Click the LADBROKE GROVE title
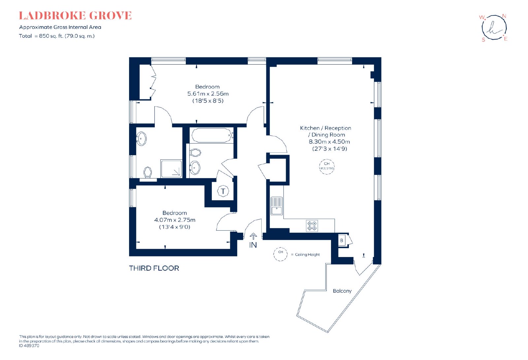point(75,16)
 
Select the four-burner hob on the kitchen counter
point(312,226)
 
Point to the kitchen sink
point(277,206)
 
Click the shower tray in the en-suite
point(171,169)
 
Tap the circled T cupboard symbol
point(223,191)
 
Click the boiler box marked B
point(342,241)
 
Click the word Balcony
point(342,291)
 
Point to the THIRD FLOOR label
point(154,268)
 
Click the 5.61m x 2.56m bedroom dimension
point(208,94)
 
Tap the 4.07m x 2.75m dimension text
point(175,220)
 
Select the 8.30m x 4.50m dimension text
point(329,142)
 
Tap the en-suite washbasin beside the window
point(141,139)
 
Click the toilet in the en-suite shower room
point(148,172)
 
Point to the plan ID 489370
point(29,345)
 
